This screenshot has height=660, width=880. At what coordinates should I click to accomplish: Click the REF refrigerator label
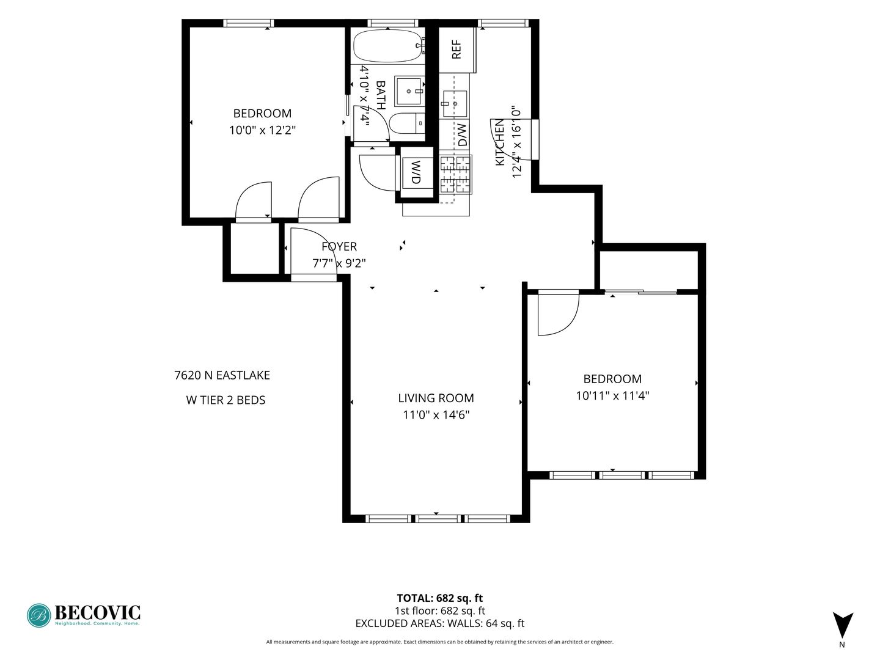457,50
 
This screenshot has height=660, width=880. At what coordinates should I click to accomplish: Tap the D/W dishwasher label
462,134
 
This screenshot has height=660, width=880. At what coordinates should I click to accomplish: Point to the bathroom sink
409,91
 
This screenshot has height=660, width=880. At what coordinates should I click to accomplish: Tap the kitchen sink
455,104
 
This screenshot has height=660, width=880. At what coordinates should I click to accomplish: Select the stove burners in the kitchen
456,175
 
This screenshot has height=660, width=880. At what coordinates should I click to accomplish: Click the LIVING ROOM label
436,398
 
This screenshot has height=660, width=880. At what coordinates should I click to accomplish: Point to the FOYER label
339,246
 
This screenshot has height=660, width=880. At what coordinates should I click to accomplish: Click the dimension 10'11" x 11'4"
612,396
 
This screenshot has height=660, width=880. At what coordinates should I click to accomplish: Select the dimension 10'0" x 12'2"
263,130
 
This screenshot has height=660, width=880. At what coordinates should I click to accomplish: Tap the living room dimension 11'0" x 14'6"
436,415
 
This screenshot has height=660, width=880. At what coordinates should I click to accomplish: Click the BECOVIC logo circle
39,615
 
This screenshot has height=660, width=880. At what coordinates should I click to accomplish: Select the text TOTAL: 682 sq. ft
440,598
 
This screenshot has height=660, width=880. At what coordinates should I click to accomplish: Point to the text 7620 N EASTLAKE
222,375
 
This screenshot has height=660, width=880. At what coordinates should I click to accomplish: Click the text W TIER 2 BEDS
226,400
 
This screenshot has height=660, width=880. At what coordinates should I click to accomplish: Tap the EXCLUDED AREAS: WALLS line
440,623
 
